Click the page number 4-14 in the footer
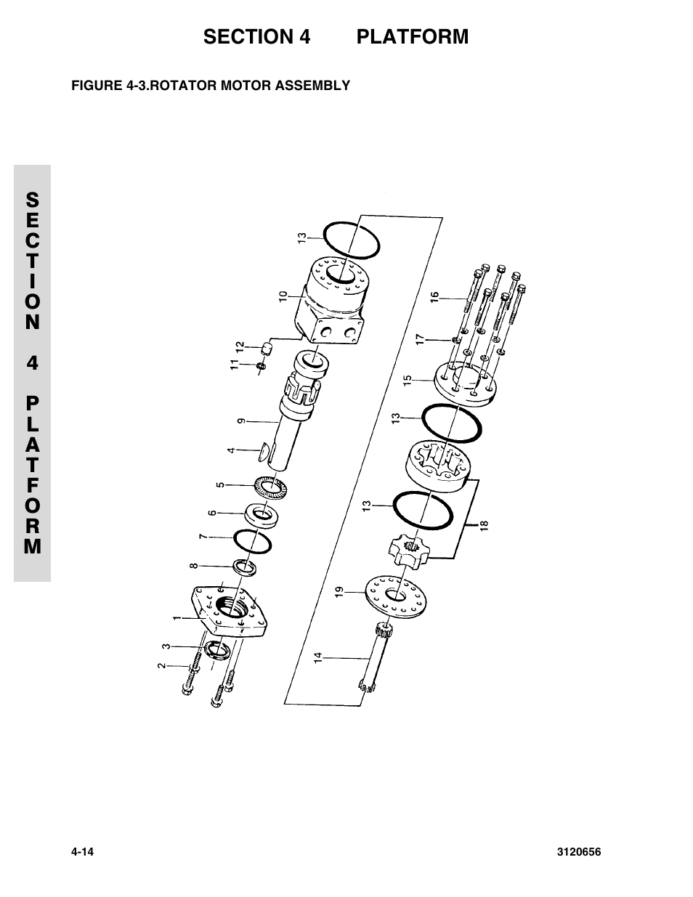[84, 851]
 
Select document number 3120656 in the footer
[577, 851]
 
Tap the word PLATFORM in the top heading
[412, 36]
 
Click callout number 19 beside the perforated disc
[339, 593]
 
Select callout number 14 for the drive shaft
[317, 658]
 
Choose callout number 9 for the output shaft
[241, 420]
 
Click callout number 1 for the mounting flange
[177, 618]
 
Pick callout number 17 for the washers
[419, 338]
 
